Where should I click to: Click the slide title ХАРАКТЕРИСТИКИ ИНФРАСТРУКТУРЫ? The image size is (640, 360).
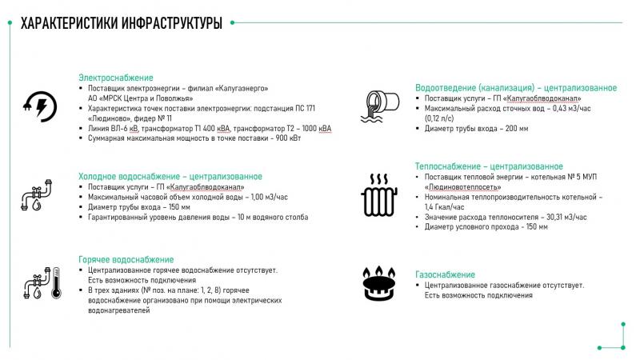[x=120, y=22]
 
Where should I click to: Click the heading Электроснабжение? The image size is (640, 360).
[x=115, y=78]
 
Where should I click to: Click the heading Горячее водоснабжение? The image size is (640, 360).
[x=126, y=259]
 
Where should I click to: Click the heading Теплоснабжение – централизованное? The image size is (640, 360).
[x=494, y=166]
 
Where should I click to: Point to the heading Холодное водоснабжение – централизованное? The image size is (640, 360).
[x=170, y=176]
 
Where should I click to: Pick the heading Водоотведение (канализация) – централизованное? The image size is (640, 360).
[x=515, y=87]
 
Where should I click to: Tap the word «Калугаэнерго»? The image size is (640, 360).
[x=242, y=88]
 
